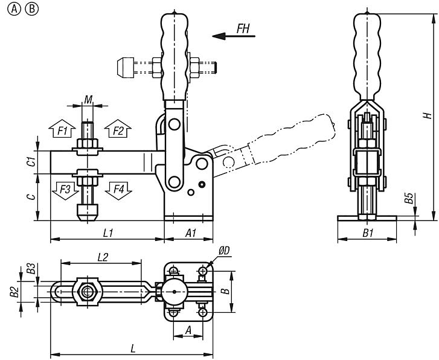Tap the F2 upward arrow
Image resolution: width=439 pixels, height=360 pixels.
pos(118,130)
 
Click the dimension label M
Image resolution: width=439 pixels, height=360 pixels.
pos(88,99)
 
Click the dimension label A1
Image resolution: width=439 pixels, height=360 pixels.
pos(190,233)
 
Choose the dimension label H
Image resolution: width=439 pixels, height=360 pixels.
pos(426,115)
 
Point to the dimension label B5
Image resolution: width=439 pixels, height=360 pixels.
pos(409,198)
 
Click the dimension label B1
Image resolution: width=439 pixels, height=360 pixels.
pos(367,233)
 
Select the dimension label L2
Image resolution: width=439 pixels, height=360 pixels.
pos(103,257)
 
